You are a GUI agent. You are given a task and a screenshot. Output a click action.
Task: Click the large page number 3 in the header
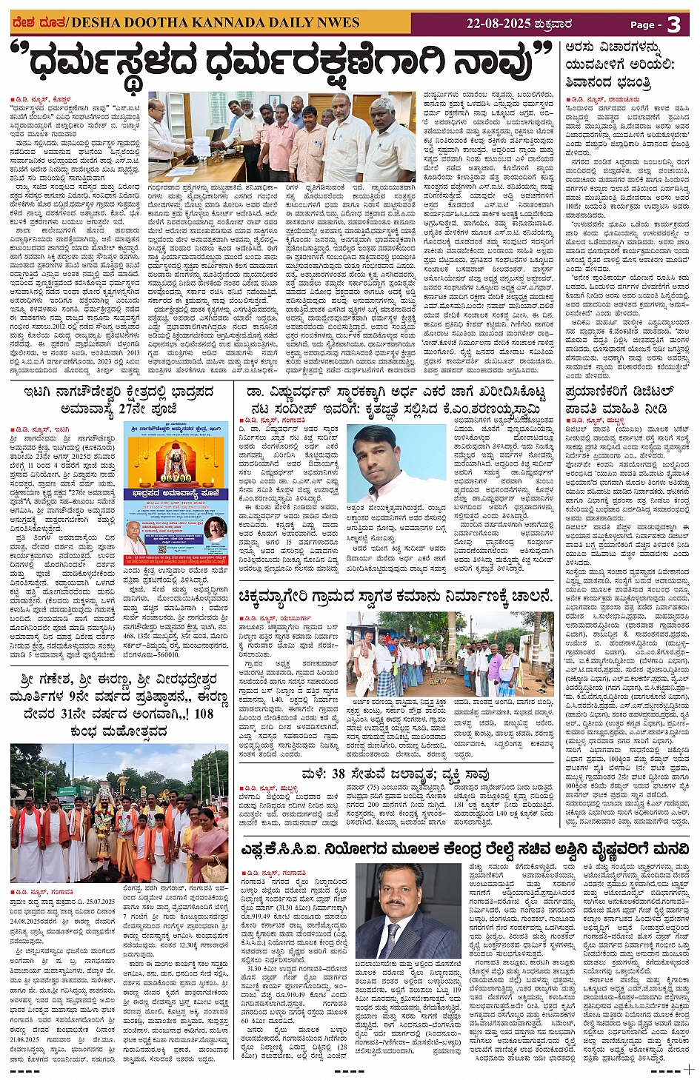(673, 24)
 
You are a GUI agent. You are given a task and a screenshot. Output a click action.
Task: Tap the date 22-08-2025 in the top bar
(499, 23)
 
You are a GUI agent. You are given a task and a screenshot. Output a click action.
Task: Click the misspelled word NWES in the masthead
(337, 22)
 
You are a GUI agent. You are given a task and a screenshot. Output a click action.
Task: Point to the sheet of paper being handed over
(201, 147)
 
